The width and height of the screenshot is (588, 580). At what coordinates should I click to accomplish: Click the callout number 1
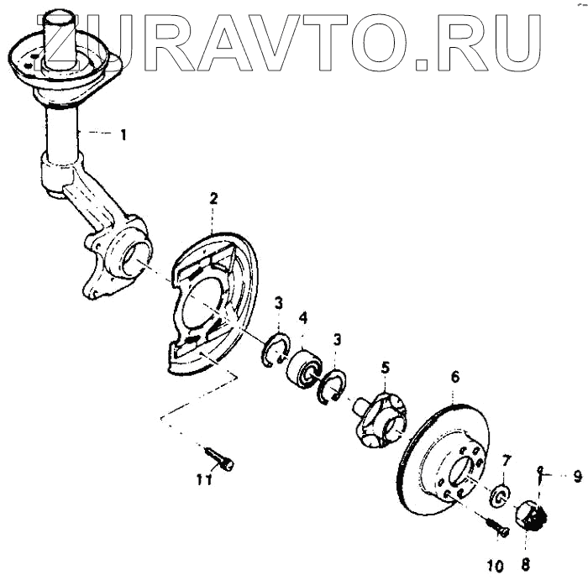coord(123,134)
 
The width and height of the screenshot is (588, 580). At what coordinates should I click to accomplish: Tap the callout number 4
coord(303,318)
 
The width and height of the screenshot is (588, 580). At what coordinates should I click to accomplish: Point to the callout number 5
coord(385,367)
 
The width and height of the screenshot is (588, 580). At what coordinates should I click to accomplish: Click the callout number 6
coord(454,377)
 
